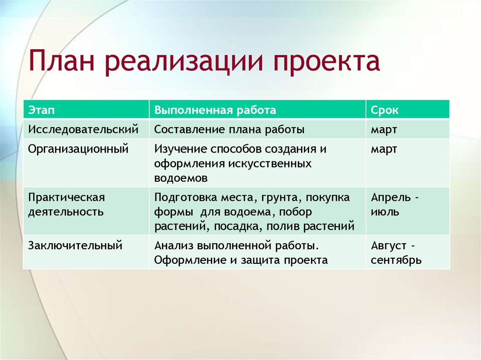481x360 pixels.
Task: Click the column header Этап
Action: [x=41, y=110]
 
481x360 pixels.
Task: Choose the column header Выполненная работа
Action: [x=215, y=110]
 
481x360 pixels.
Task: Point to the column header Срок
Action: [x=385, y=110]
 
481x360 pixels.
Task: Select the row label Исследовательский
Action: [x=83, y=129]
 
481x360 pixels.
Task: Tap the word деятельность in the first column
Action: [x=66, y=212]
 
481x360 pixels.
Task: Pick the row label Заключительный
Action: [x=75, y=245]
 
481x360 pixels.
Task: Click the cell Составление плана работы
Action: [x=229, y=129]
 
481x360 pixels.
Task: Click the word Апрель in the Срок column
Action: [x=389, y=197]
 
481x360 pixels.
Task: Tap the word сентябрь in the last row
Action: [x=396, y=260]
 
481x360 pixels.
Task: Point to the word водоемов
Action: [x=180, y=178]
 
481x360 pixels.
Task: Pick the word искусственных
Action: [x=270, y=164]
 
